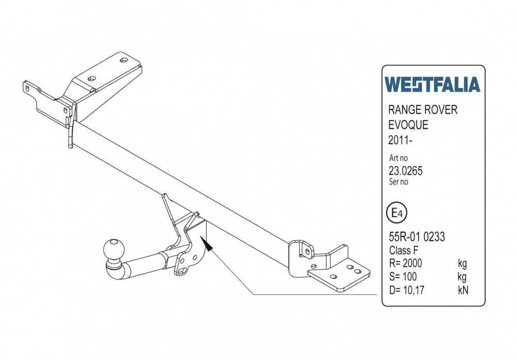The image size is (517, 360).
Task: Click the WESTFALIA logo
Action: click(x=432, y=85)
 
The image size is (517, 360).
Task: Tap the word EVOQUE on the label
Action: click(x=408, y=125)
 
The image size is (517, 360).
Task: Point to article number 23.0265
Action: click(x=406, y=171)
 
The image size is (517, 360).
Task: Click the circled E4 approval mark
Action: click(x=397, y=213)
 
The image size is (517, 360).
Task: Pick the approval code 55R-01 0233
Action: click(x=417, y=237)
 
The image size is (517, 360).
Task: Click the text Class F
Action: click(x=404, y=251)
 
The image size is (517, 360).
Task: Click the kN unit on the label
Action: click(x=463, y=290)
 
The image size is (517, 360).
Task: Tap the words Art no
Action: click(x=399, y=159)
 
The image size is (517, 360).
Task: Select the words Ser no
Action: click(x=399, y=182)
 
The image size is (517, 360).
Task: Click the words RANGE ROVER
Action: click(x=422, y=110)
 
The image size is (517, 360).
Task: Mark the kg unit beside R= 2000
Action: click(x=462, y=264)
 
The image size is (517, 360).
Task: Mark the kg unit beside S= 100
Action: click(x=462, y=277)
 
